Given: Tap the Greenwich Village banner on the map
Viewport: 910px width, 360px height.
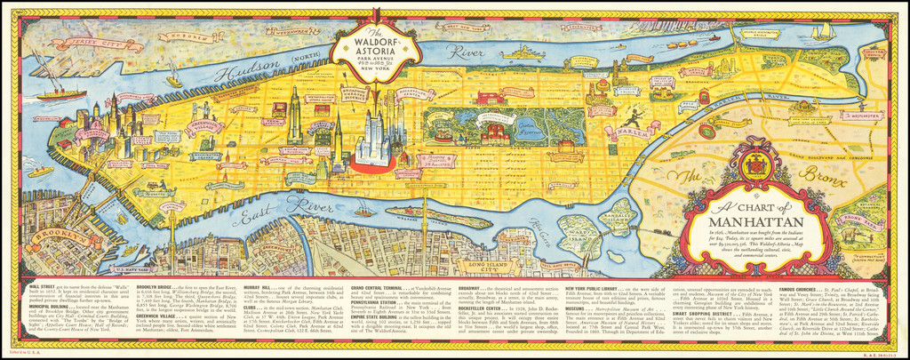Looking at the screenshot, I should click(205, 142).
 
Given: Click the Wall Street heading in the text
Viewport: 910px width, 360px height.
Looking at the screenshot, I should click(44, 287).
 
